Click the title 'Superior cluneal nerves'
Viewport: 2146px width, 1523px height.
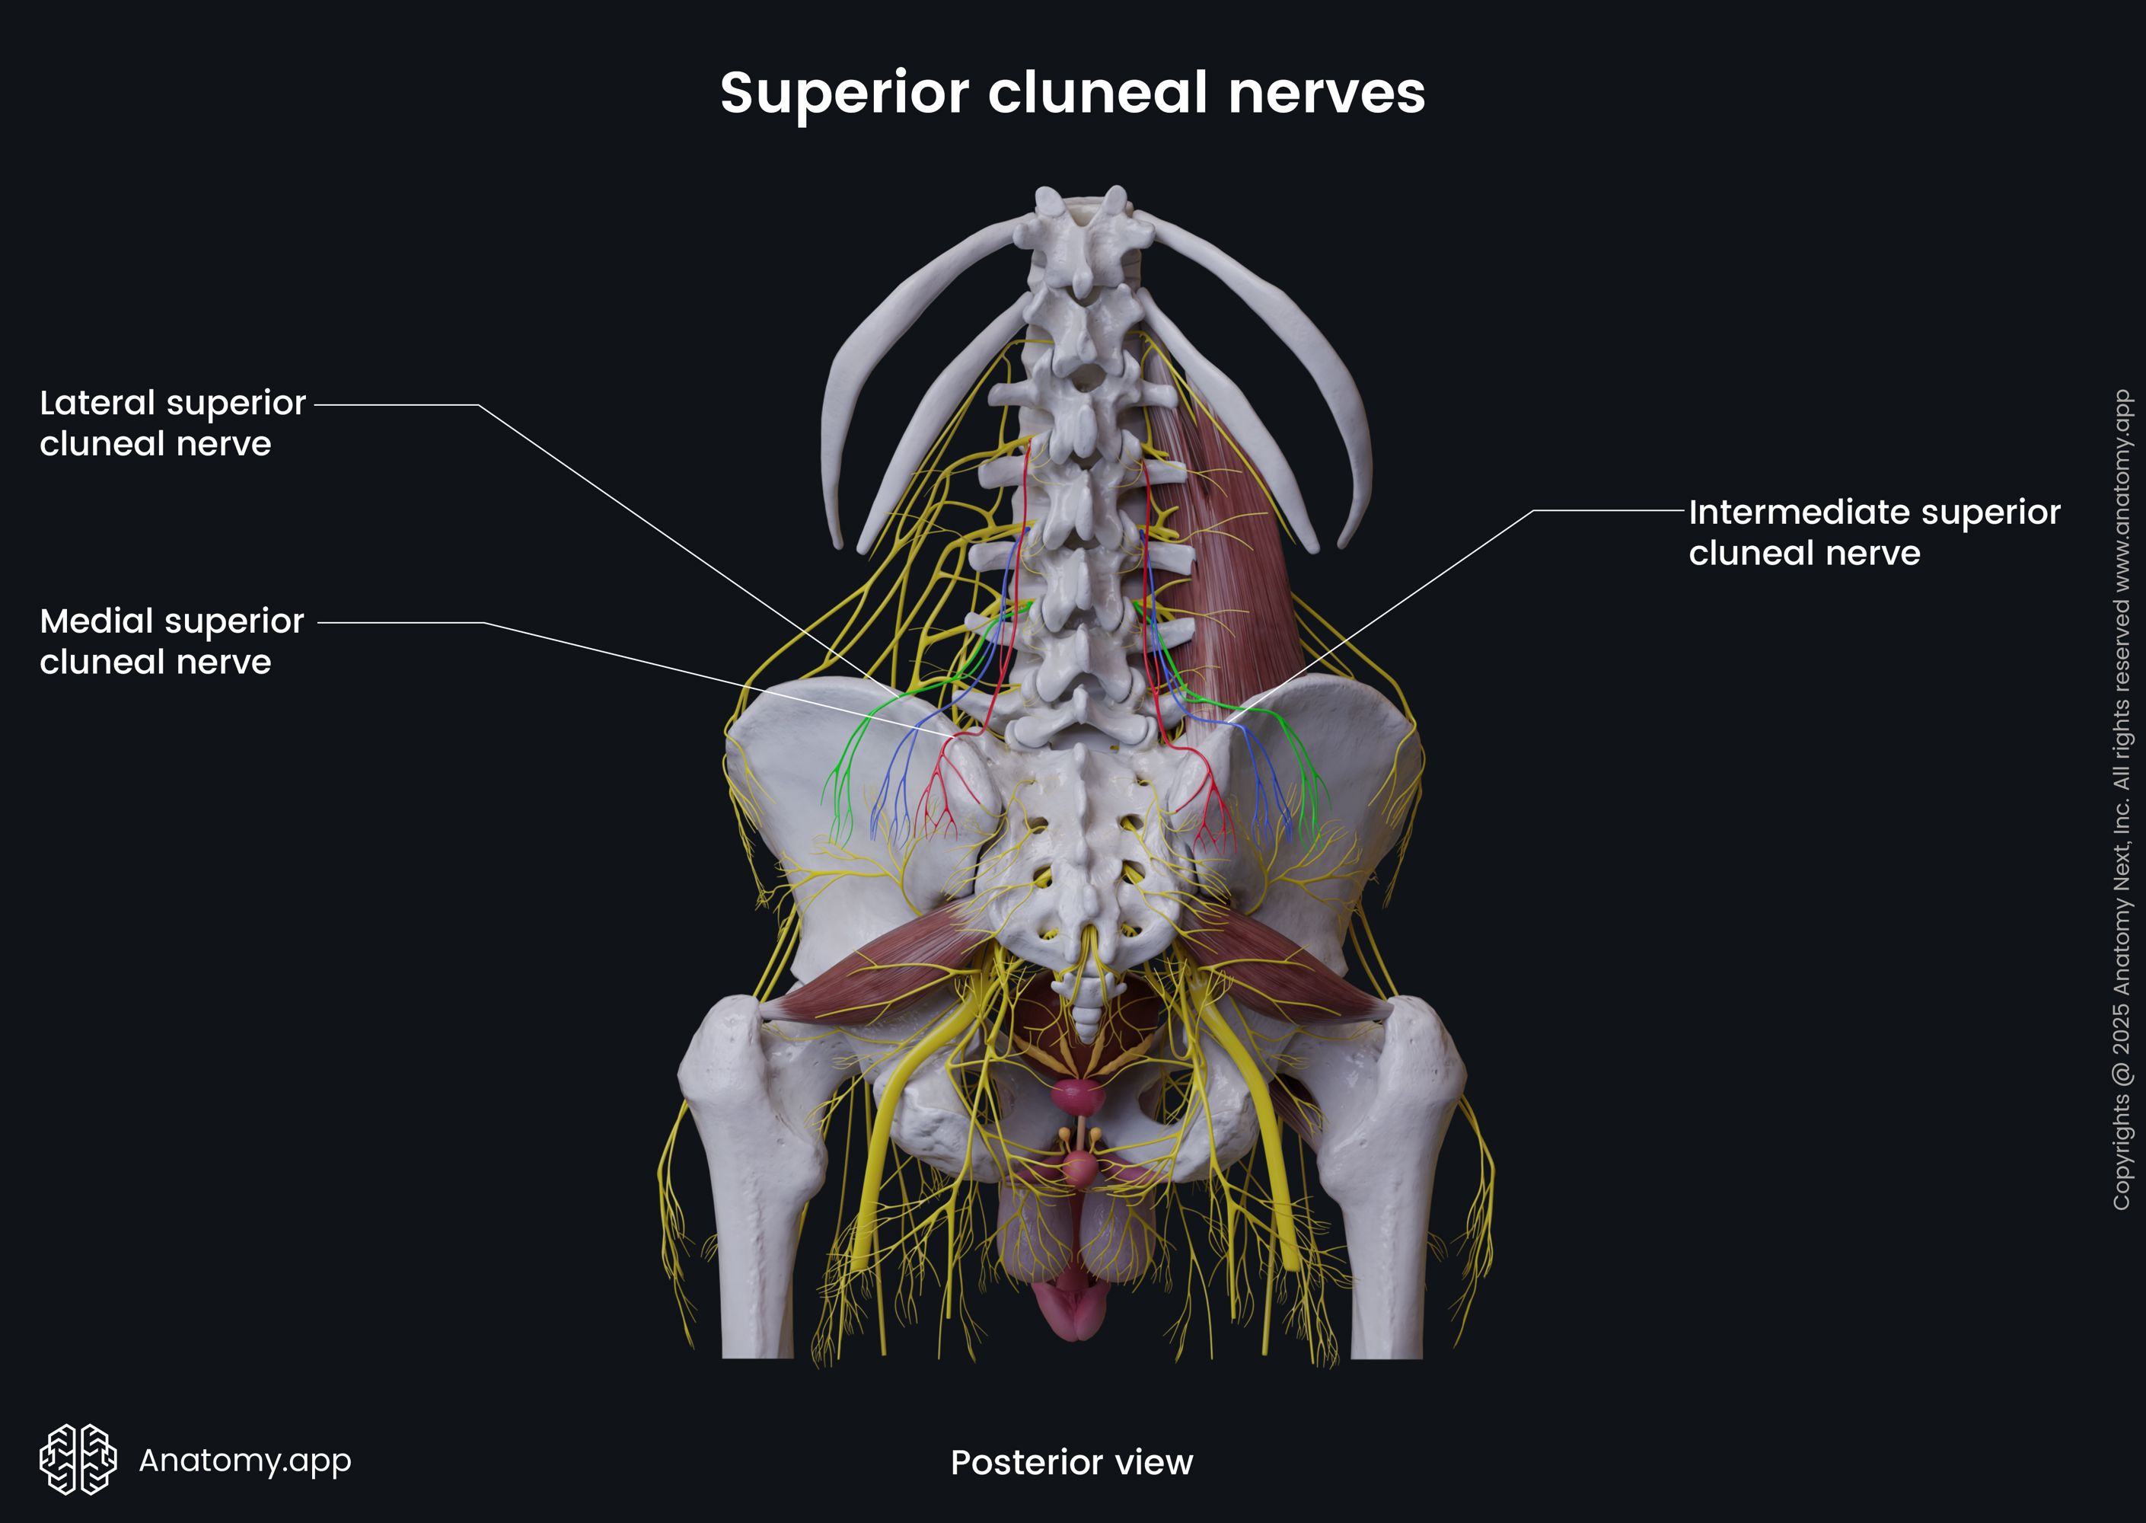(1073, 93)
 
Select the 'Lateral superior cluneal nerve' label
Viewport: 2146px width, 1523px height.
(173, 423)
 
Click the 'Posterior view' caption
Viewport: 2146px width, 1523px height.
(1072, 1462)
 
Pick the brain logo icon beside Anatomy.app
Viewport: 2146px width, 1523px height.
(78, 1459)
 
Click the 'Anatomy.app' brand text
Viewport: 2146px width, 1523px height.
(244, 1459)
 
